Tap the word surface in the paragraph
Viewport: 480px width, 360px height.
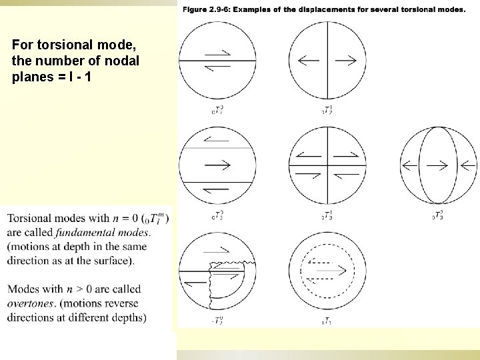(x=113, y=261)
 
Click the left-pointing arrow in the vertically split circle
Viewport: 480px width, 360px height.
(x=309, y=61)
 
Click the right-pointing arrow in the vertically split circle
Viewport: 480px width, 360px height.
(x=345, y=61)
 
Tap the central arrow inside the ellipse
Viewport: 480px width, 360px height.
(x=437, y=164)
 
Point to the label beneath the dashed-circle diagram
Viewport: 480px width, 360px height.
(x=327, y=322)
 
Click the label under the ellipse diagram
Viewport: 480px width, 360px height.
(x=437, y=215)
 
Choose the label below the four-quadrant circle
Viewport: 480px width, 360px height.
(x=327, y=215)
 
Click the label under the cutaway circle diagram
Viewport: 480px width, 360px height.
(x=217, y=322)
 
